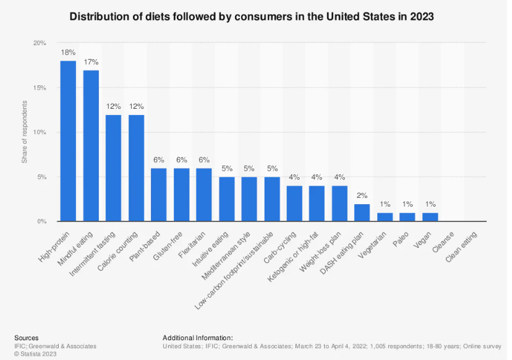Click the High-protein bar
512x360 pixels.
(68, 141)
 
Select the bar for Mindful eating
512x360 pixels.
(91, 146)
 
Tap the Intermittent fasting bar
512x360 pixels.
(113, 168)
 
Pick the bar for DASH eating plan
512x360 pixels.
(362, 213)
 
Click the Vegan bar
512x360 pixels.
(430, 217)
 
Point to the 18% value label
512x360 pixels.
(68, 53)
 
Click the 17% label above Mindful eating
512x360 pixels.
(91, 62)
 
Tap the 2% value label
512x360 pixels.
(362, 195)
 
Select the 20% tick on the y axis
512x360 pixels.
(40, 43)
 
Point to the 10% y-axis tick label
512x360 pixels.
(40, 132)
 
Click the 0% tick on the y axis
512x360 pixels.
(41, 221)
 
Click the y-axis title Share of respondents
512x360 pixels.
(25, 132)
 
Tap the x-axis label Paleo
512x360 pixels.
(402, 238)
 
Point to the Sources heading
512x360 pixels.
(26, 338)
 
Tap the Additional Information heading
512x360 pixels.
(197, 338)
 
